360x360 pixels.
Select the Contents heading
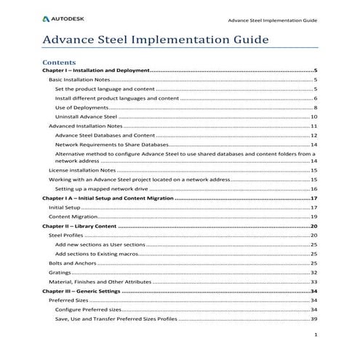point(60,63)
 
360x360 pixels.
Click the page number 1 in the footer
point(315,335)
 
